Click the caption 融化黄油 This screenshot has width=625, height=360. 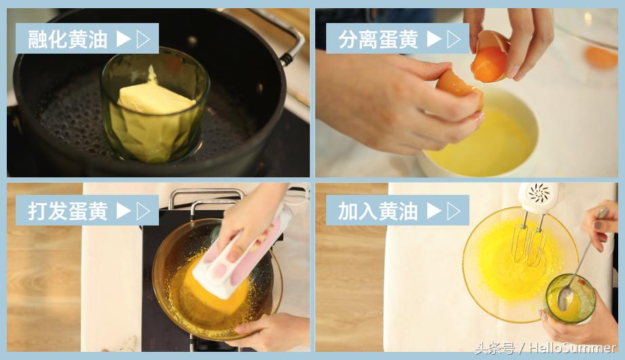(x=67, y=39)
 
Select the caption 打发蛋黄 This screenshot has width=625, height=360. (x=67, y=211)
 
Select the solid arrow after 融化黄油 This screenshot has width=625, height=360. (x=123, y=39)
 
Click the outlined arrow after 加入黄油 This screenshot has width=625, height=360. (x=454, y=211)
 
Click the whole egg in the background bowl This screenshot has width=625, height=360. (x=601, y=57)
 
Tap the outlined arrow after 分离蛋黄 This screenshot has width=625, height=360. (x=454, y=39)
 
